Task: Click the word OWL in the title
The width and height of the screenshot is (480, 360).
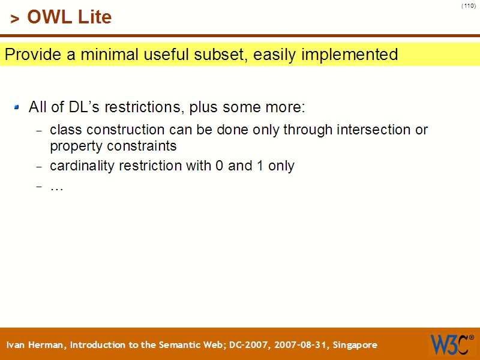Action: (50, 17)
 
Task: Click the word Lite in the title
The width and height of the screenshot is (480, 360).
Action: (94, 17)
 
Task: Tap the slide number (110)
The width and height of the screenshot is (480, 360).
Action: (469, 6)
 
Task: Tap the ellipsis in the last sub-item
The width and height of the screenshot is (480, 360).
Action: (56, 187)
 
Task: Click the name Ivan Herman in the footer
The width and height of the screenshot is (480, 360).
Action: (37, 345)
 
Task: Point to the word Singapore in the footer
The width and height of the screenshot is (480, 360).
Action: (355, 345)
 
